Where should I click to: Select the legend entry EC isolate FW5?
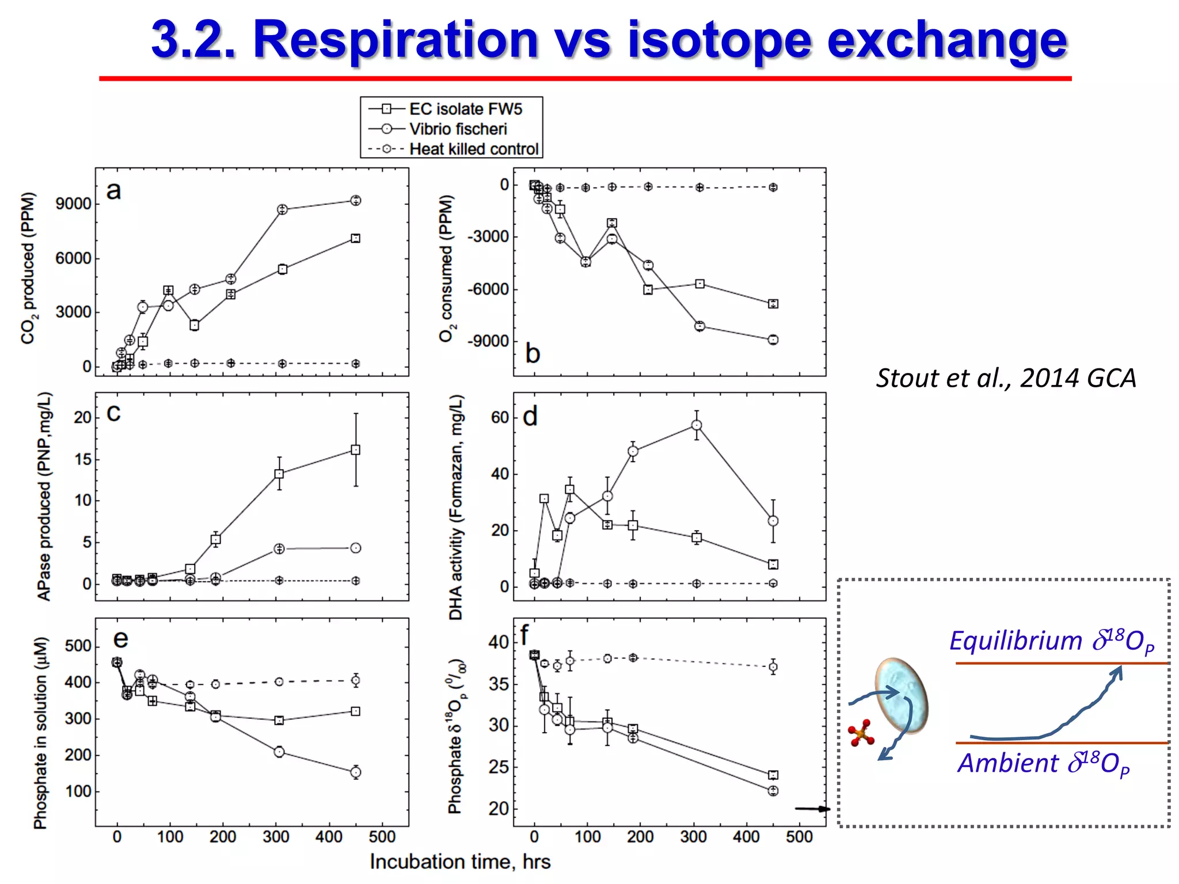pyautogui.click(x=465, y=109)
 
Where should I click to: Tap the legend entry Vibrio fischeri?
pyautogui.click(x=458, y=129)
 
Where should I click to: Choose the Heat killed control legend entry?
pyautogui.click(x=473, y=149)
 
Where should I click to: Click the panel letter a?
pyautogui.click(x=113, y=190)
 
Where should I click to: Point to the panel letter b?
pyautogui.click(x=533, y=353)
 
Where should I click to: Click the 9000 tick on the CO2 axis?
pyautogui.click(x=73, y=204)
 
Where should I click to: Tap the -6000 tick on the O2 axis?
pyautogui.click(x=488, y=289)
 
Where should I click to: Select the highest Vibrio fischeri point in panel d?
pyautogui.click(x=697, y=425)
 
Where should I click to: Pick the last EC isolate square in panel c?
pyautogui.click(x=356, y=450)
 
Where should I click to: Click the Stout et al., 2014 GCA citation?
pyautogui.click(x=1006, y=378)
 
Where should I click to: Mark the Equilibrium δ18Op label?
pyautogui.click(x=1052, y=641)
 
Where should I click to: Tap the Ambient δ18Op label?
pyautogui.click(x=1043, y=764)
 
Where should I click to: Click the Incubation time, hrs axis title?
pyautogui.click(x=460, y=862)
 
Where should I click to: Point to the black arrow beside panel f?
pyautogui.click(x=812, y=809)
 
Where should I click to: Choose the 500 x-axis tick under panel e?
pyautogui.click(x=382, y=837)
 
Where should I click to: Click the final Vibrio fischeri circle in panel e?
pyautogui.click(x=356, y=772)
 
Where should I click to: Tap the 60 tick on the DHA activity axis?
pyautogui.click(x=500, y=417)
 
